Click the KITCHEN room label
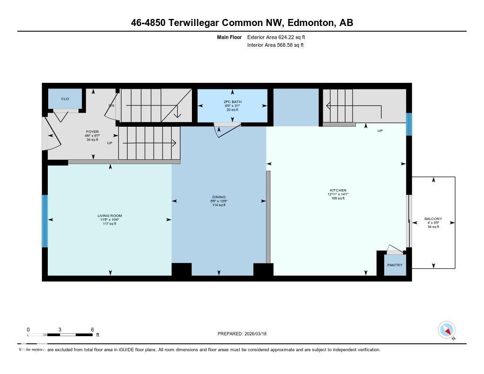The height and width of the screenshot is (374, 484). point(338,190)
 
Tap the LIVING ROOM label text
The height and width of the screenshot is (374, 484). point(110,216)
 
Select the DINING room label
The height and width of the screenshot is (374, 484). point(219,197)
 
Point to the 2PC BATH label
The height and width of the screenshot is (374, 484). point(232,102)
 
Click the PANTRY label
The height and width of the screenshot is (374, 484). point(395,265)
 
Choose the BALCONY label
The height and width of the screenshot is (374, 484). point(433,219)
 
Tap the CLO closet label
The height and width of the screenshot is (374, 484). point(65,99)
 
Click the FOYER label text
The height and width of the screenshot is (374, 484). point(92,131)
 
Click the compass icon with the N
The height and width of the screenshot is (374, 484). point(446,330)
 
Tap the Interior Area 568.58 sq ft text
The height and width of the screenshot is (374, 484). point(275,45)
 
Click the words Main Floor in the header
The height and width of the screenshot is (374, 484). point(229,37)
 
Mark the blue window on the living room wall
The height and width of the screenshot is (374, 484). point(45,221)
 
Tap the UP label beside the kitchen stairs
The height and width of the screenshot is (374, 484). point(380,131)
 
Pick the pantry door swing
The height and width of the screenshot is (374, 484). point(394,249)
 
